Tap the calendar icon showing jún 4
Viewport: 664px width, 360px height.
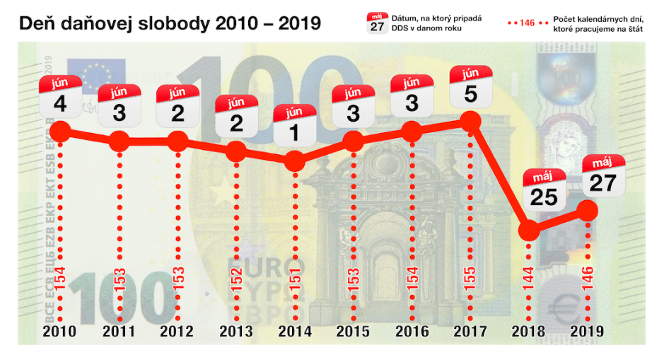point(59,97)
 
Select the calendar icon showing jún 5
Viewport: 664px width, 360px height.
point(470,87)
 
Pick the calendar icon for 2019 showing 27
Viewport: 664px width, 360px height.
point(603,175)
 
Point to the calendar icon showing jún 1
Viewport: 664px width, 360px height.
point(294,125)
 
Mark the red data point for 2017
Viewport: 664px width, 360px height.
point(470,122)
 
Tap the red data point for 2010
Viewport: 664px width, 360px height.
point(60,132)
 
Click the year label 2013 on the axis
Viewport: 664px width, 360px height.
point(235,331)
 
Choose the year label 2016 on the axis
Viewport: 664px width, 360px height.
point(412,331)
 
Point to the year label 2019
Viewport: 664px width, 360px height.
point(588,331)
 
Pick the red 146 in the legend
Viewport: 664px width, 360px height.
point(526,23)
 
